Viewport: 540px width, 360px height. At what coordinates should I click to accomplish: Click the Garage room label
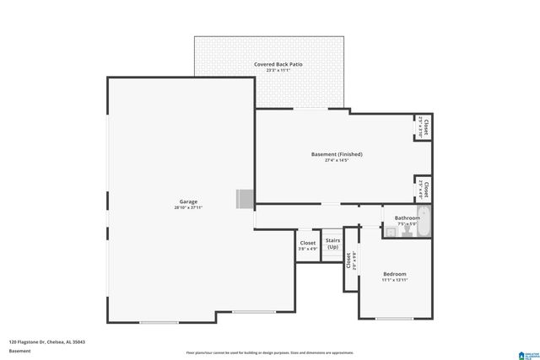pyautogui.click(x=188, y=201)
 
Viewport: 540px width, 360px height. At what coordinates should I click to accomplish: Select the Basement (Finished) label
pyautogui.click(x=337, y=154)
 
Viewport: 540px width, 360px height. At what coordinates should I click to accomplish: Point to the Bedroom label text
pyautogui.click(x=395, y=274)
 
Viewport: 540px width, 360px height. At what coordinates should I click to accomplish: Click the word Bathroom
pyautogui.click(x=407, y=218)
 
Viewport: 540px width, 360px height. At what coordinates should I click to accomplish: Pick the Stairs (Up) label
pyautogui.click(x=332, y=244)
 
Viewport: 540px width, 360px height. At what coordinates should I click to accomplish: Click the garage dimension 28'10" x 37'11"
pyautogui.click(x=188, y=207)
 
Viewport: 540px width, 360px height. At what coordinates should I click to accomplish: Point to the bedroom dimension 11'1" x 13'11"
pyautogui.click(x=395, y=280)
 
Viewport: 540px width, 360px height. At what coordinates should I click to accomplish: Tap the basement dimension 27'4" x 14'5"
pyautogui.click(x=337, y=160)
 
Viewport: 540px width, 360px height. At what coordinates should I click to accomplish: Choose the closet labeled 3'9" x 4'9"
pyautogui.click(x=308, y=245)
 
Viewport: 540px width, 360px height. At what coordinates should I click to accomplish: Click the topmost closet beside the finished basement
pyautogui.click(x=425, y=126)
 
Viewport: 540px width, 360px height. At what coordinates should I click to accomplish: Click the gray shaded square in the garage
pyautogui.click(x=245, y=198)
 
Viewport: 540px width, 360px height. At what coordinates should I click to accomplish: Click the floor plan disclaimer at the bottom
pyautogui.click(x=270, y=352)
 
